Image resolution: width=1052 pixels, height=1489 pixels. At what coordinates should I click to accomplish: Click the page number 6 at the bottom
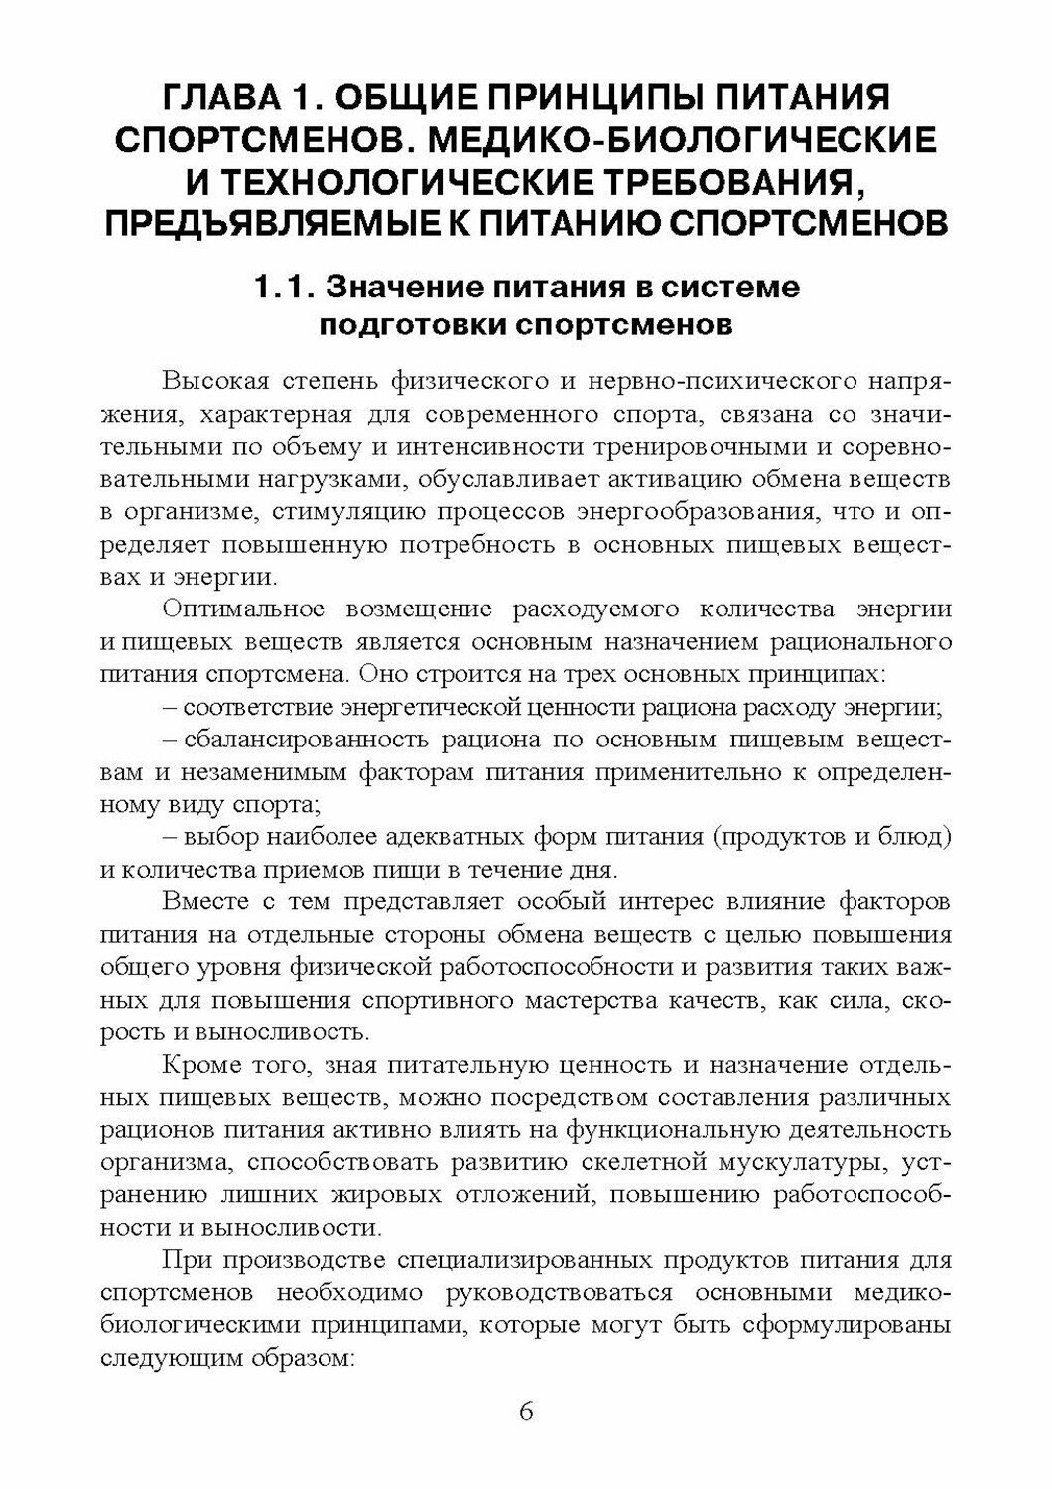(x=526, y=1412)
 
